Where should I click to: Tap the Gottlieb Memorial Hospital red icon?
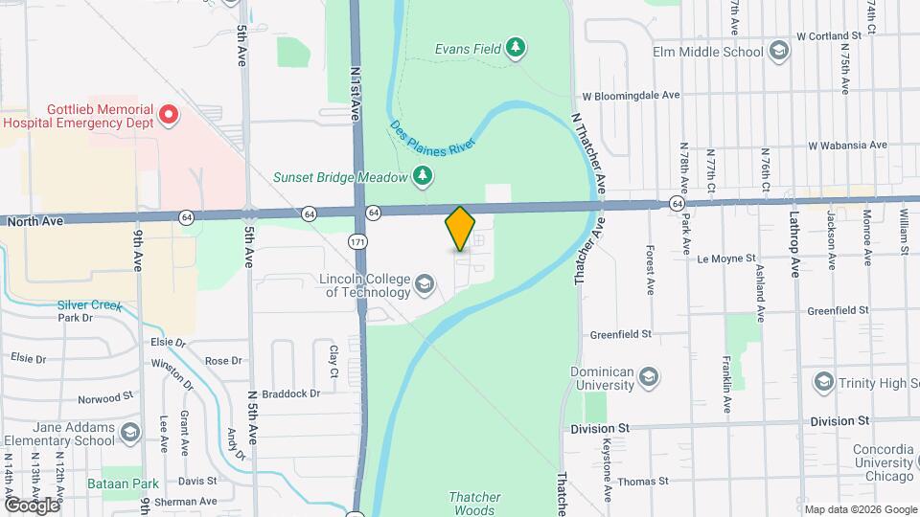(x=169, y=116)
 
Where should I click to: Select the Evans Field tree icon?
(x=516, y=47)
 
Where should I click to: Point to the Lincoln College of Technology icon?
(x=424, y=283)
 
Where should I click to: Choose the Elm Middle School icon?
(x=779, y=50)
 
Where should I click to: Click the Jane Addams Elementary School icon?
(x=130, y=436)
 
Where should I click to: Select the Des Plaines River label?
(x=434, y=132)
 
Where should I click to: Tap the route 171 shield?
(x=357, y=242)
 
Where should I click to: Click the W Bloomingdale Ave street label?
(x=631, y=96)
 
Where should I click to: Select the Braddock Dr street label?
(x=292, y=393)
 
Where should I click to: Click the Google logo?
(x=31, y=505)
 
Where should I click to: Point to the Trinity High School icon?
(x=823, y=382)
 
